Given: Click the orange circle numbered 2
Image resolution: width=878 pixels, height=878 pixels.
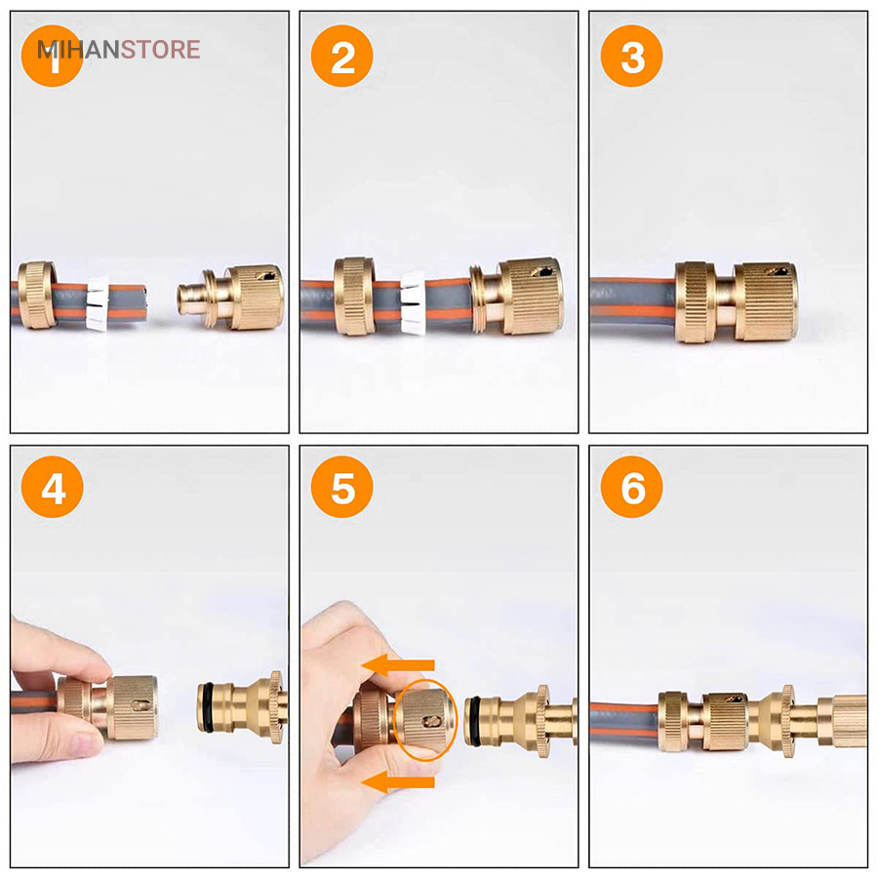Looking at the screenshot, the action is tap(341, 56).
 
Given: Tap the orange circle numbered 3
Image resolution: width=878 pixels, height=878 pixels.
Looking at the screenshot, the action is tap(631, 56).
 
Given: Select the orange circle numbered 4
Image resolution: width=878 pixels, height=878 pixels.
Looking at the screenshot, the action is tap(52, 487).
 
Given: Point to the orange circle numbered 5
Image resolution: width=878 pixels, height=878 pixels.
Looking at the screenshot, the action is tap(341, 487).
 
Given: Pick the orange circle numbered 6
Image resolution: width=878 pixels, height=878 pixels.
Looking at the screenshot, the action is tap(631, 487).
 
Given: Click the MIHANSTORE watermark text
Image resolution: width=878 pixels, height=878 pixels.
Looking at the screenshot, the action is tap(118, 50).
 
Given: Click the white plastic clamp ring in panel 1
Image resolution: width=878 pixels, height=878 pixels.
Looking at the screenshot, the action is tap(98, 303).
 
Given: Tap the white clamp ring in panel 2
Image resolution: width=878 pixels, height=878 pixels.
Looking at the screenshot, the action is tap(414, 303).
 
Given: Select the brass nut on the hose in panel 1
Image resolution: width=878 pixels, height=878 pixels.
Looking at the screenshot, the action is tap(36, 295).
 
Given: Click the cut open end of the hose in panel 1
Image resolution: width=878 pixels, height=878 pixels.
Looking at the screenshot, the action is tap(143, 302).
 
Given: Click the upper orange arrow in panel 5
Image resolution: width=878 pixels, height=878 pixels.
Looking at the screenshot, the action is tap(398, 665).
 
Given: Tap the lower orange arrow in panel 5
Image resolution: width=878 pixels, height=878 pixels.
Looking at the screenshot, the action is tap(398, 781).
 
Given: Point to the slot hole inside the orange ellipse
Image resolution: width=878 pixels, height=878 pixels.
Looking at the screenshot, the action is tap(431, 722).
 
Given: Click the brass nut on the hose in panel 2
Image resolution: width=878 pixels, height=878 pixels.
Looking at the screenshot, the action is tap(354, 297).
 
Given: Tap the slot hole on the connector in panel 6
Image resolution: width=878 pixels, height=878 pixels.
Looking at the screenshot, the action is tap(733, 698).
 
